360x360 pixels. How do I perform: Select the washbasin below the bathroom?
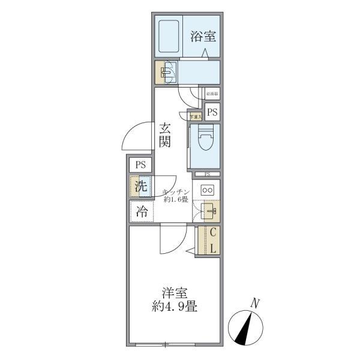pyautogui.click(x=166, y=73)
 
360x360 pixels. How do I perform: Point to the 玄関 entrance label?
pyautogui.click(x=165, y=136)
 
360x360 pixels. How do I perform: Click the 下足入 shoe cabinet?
pyautogui.click(x=196, y=116)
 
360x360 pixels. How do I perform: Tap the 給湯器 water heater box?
pyautogui.click(x=212, y=93)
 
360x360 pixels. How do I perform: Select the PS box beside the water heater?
pyautogui.click(x=212, y=112)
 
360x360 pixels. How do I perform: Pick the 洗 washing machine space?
pyautogui.click(x=140, y=187)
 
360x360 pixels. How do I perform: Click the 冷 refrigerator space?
pyautogui.click(x=142, y=211)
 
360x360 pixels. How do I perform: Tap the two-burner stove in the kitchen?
pyautogui.click(x=207, y=190)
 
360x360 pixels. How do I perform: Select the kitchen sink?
pyautogui.click(x=209, y=211)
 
